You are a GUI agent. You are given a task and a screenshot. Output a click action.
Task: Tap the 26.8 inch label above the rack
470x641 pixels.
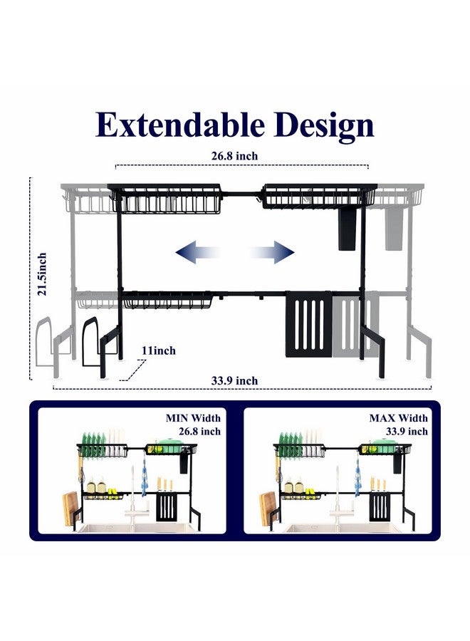(234, 156)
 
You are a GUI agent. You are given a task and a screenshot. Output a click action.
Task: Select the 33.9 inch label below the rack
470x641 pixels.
(234, 380)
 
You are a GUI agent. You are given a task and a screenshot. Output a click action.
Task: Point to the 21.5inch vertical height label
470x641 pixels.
(42, 274)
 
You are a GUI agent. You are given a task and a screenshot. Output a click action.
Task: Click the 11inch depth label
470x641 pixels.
(159, 350)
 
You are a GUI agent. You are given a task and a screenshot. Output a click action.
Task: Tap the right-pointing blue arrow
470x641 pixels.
(272, 252)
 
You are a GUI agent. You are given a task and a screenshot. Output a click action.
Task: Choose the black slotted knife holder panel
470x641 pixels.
(308, 324)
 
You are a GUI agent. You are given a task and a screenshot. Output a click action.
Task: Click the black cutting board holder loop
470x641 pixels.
(90, 341)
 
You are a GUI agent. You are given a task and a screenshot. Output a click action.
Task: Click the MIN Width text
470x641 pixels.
(193, 418)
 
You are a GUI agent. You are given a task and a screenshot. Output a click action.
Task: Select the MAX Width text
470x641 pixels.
(399, 418)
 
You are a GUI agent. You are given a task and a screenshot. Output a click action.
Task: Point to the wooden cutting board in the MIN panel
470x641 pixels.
(69, 509)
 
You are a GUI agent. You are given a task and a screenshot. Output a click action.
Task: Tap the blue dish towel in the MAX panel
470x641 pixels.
(358, 477)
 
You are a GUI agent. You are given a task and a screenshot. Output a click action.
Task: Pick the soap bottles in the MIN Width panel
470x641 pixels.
(96, 485)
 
